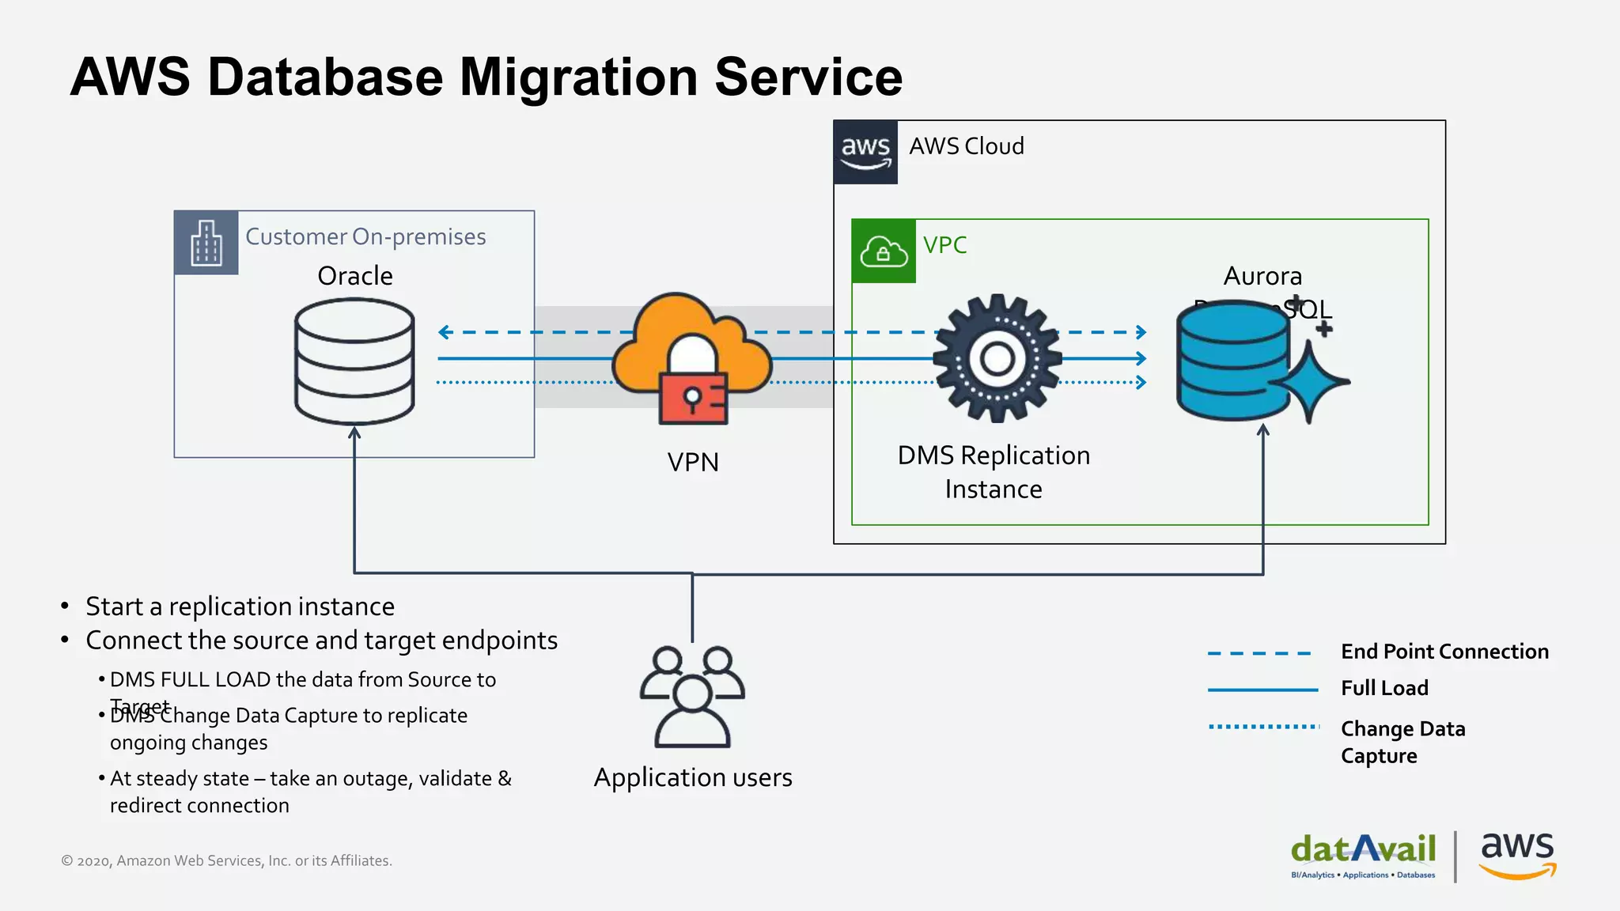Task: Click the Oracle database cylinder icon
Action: [354, 361]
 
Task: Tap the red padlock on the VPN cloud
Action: [693, 399]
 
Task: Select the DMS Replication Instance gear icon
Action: [997, 358]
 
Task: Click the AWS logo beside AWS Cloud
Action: [865, 152]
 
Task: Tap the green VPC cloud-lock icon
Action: [884, 251]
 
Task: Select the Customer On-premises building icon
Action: [206, 243]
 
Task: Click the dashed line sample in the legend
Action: [1259, 653]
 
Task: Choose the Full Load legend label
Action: [1384, 688]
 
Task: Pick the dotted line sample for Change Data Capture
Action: [1263, 726]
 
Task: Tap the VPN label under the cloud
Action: [693, 462]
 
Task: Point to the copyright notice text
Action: [227, 860]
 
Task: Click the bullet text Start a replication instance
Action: [240, 607]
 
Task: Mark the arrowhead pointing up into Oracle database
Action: [354, 433]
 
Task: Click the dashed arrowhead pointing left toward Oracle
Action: [445, 332]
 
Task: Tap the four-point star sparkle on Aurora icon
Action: [1311, 381]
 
